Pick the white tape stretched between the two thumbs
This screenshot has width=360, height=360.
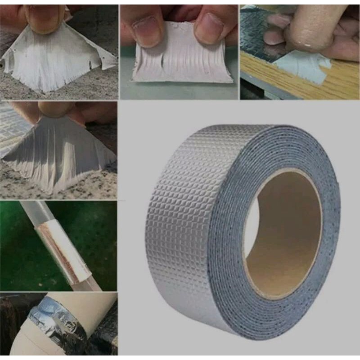click(x=180, y=63)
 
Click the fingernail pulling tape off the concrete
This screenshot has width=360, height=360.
click(x=45, y=16)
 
